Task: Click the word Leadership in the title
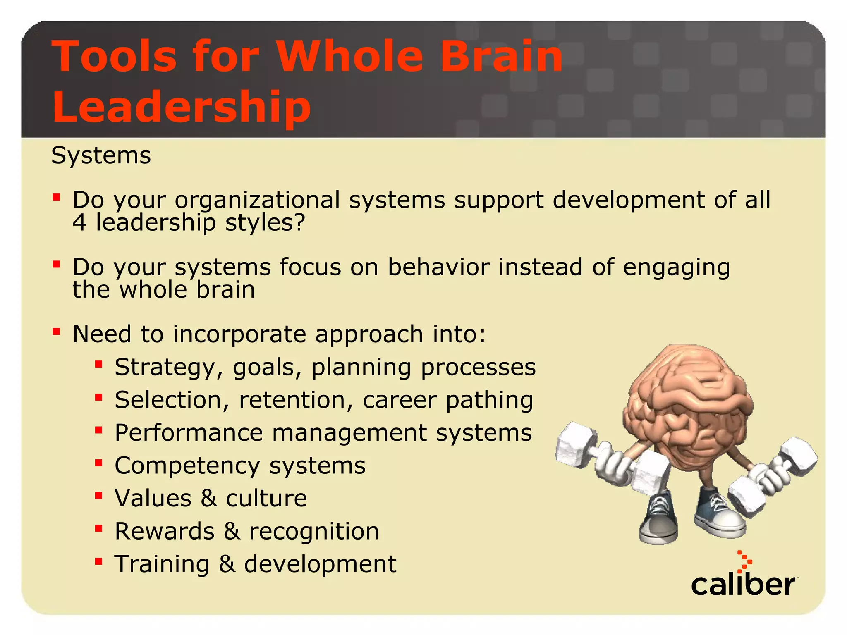[182, 107]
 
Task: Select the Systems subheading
[101, 155]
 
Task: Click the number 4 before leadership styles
[79, 223]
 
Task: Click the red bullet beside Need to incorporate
[56, 332]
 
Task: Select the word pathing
[489, 400]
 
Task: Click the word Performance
[189, 433]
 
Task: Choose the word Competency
[187, 466]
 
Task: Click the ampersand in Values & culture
[209, 498]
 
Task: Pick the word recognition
[314, 531]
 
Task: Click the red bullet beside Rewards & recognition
[98, 529]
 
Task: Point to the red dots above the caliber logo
[745, 561]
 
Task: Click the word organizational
[257, 200]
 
